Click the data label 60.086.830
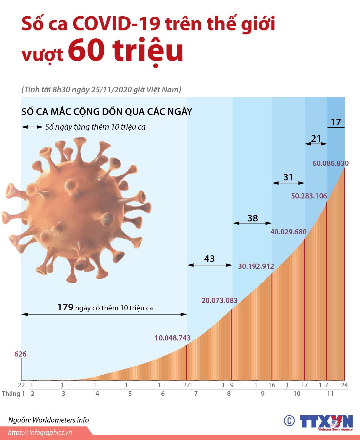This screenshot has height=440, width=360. [x=330, y=163]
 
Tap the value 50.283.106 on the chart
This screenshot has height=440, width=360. [x=309, y=196]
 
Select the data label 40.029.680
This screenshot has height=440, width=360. [x=288, y=232]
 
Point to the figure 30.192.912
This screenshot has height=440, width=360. [x=256, y=266]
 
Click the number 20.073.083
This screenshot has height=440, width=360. [x=219, y=300]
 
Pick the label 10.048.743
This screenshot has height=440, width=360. [x=173, y=338]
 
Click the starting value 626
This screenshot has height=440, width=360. [x=20, y=354]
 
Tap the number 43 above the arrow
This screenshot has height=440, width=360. [x=209, y=258]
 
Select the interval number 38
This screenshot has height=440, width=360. [x=253, y=218]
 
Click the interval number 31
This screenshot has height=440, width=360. [x=288, y=177]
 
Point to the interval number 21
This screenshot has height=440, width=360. [x=316, y=139]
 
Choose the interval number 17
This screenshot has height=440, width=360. [x=336, y=122]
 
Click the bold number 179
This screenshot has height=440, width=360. [x=65, y=307]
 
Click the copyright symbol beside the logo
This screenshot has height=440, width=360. [x=289, y=420]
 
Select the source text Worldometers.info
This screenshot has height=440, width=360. [x=61, y=420]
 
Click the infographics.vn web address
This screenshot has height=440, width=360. [x=40, y=433]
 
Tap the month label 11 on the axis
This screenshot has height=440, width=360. [x=330, y=394]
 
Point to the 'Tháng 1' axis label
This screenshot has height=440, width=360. [x=13, y=394]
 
